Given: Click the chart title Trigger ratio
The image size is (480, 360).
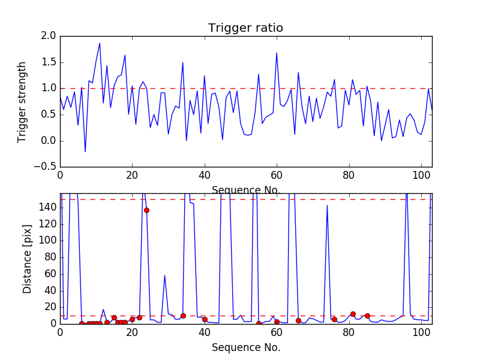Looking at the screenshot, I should (x=245, y=28).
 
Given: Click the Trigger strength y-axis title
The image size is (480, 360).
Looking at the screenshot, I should (x=22, y=101).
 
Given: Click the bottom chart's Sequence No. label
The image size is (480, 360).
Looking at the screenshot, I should (x=246, y=347).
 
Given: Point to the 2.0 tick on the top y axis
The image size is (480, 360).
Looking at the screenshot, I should (x=49, y=36).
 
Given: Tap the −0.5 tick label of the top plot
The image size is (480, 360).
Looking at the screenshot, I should (x=45, y=167).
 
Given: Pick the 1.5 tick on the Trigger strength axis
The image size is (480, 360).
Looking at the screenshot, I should (x=49, y=62).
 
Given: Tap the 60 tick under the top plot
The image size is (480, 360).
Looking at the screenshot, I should (x=277, y=176).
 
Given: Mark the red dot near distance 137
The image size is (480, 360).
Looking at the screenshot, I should (x=146, y=210).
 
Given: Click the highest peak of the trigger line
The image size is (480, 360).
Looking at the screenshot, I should (x=100, y=43).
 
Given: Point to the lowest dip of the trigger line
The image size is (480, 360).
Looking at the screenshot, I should (x=85, y=152).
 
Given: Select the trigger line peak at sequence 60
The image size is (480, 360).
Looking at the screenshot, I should (x=277, y=53).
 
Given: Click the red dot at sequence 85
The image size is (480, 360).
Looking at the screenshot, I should (x=367, y=316).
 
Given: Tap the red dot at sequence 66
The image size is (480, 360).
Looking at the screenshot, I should (x=298, y=320).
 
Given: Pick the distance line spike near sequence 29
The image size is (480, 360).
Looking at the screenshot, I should (x=164, y=275).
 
